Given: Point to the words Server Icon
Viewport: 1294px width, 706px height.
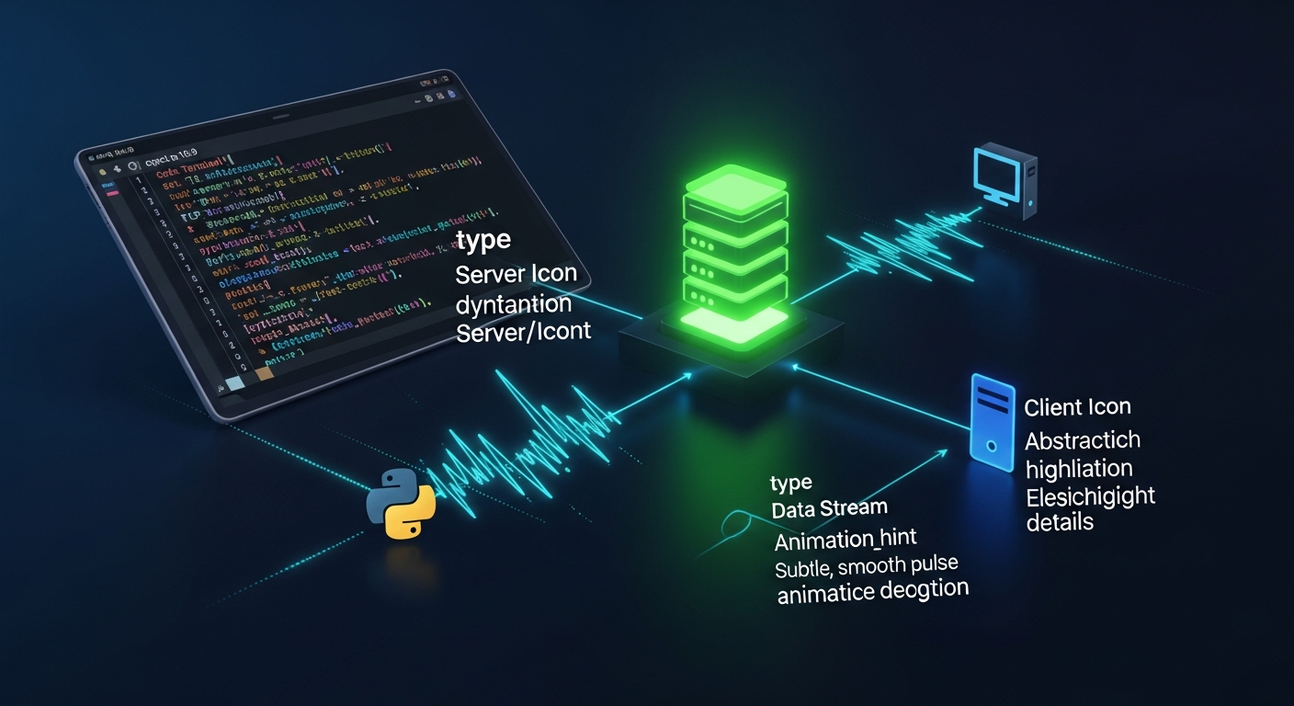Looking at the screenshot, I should pos(516,274).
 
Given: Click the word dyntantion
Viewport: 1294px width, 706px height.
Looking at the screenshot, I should pos(513,302).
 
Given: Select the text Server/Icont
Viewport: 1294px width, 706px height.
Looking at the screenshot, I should pos(523,331).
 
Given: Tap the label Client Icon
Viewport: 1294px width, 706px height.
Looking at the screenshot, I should pos(1077,407).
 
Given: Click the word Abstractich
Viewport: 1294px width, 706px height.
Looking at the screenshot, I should pos(1083,440).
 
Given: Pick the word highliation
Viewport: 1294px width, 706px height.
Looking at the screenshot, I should pos(1079,469).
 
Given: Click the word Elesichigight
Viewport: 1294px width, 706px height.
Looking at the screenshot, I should pos(1090,496).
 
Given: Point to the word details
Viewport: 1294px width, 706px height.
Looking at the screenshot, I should pos(1060,522).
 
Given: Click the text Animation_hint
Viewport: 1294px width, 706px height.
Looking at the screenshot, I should pos(846,539).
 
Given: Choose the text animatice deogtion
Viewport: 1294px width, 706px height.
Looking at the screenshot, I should pos(873,591).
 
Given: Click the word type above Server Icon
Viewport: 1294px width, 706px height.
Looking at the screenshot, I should pos(482,241).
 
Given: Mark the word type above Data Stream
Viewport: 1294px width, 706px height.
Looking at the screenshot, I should pos(791,484).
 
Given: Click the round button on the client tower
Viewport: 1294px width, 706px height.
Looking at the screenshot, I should pos(991,445).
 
